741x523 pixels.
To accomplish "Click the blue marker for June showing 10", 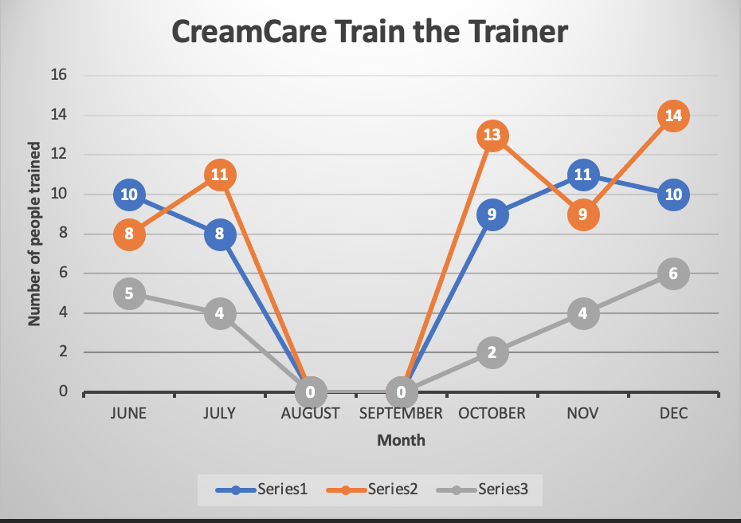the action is [x=129, y=195].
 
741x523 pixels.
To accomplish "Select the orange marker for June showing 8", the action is [x=129, y=234].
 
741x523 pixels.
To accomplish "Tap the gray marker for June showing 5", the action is [x=129, y=293].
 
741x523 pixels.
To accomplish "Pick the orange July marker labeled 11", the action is [x=220, y=175].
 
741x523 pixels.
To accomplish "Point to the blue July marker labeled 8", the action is [x=220, y=234].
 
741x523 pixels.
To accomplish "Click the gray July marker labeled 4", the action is [x=220, y=313].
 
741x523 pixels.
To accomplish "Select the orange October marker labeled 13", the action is [x=492, y=136].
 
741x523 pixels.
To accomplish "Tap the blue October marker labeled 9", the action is [x=492, y=214].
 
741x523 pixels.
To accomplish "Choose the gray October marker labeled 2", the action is [x=492, y=352].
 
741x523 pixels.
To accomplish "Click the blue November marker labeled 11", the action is [x=583, y=175].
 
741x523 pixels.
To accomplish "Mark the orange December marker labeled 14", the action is [x=673, y=116].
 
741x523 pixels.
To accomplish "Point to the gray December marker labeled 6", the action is [x=673, y=273].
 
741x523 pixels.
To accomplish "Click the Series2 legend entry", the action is [x=372, y=489].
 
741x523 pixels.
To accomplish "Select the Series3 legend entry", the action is [x=482, y=489].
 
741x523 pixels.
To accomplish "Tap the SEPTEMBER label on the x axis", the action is [x=401, y=413].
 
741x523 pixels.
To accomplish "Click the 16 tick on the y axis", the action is [x=59, y=75].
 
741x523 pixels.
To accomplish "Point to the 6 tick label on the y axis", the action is [x=63, y=273].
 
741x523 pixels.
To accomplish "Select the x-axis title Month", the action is [x=402, y=440].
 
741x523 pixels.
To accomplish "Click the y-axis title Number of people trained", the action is [x=34, y=234].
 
